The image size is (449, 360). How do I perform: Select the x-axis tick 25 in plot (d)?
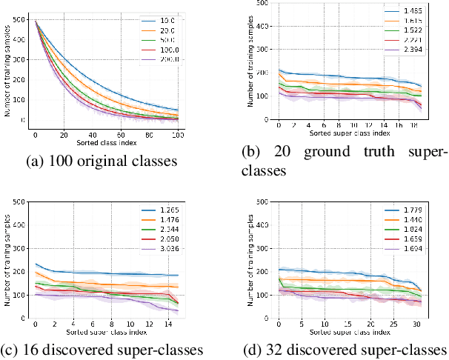click(395, 324)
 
